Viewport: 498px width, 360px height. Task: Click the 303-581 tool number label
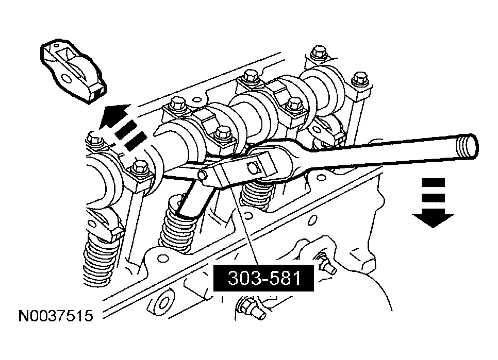pos(264,278)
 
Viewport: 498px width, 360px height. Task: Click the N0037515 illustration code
pos(56,315)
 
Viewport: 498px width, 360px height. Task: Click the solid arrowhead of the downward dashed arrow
pos(433,220)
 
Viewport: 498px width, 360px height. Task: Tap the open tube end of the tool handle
pos(470,148)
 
